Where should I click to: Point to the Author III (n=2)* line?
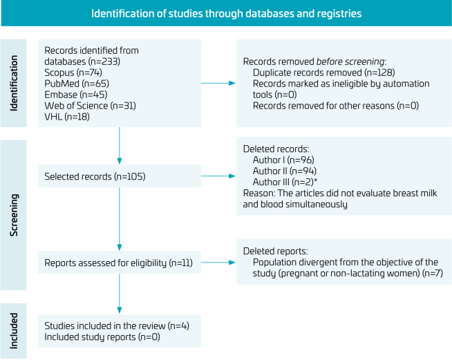pos(283,182)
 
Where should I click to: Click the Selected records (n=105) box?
pos(120,177)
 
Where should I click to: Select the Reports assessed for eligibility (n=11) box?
pos(120,263)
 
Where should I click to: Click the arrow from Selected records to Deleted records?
pos(218,177)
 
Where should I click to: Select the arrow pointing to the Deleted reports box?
pos(218,263)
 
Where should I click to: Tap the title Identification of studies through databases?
pos(226,13)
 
